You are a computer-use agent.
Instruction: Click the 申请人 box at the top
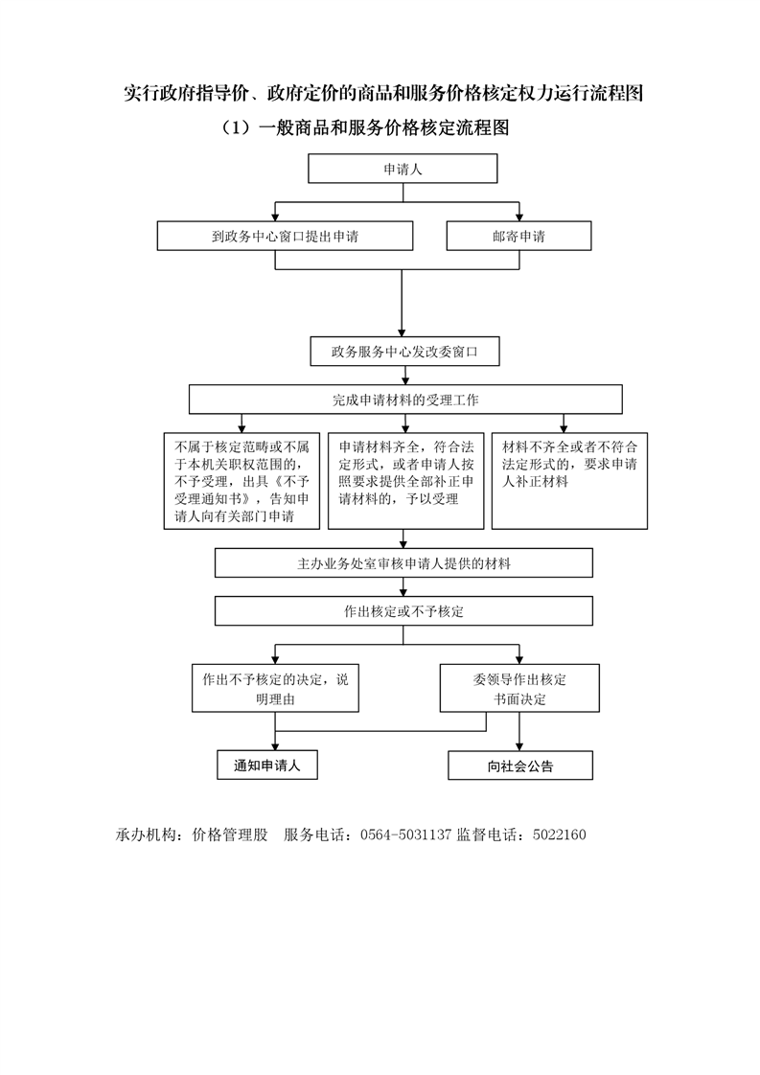tap(403, 169)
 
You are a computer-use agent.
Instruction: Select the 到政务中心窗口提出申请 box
tap(285, 236)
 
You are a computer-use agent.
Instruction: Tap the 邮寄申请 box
tap(518, 236)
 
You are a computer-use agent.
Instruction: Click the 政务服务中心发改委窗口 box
tap(404, 351)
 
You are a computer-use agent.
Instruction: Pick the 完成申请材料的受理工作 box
tap(405, 399)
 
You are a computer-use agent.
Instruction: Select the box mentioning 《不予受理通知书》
tap(242, 481)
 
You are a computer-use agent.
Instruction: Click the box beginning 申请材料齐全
tap(406, 481)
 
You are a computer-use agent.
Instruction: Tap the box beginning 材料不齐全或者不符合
tap(569, 481)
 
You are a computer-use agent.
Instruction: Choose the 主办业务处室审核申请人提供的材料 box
tap(403, 562)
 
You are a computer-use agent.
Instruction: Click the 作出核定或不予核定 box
tap(403, 611)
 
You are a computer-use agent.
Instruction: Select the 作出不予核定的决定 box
tap(275, 688)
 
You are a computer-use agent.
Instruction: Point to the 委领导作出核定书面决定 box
tap(519, 688)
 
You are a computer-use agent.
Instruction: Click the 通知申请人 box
tap(266, 766)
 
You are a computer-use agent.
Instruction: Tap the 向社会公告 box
tap(520, 766)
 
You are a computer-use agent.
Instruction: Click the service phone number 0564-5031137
tap(406, 835)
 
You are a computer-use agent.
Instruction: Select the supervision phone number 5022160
tap(559, 835)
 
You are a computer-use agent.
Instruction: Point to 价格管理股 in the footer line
tap(230, 835)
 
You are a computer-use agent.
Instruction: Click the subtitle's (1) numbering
tap(237, 127)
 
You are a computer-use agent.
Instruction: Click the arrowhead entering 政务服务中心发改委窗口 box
tap(403, 332)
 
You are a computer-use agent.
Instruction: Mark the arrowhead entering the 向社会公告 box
tap(519, 746)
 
